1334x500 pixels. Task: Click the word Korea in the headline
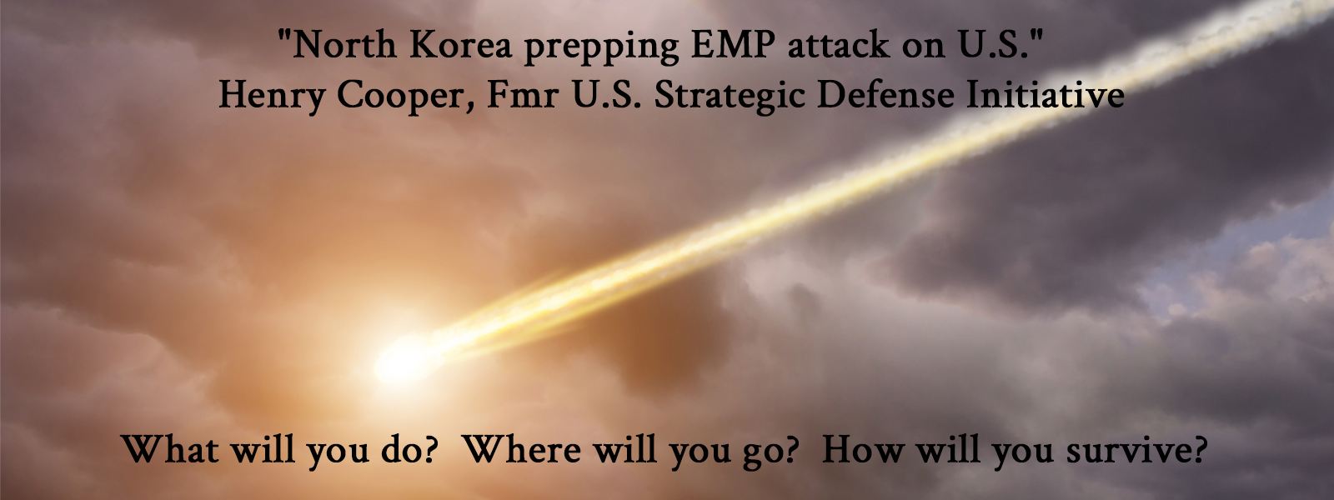coord(460,45)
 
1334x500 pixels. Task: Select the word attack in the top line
coord(838,45)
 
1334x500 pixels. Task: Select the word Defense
coord(885,94)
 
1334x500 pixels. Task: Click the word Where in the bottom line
coord(522,449)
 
